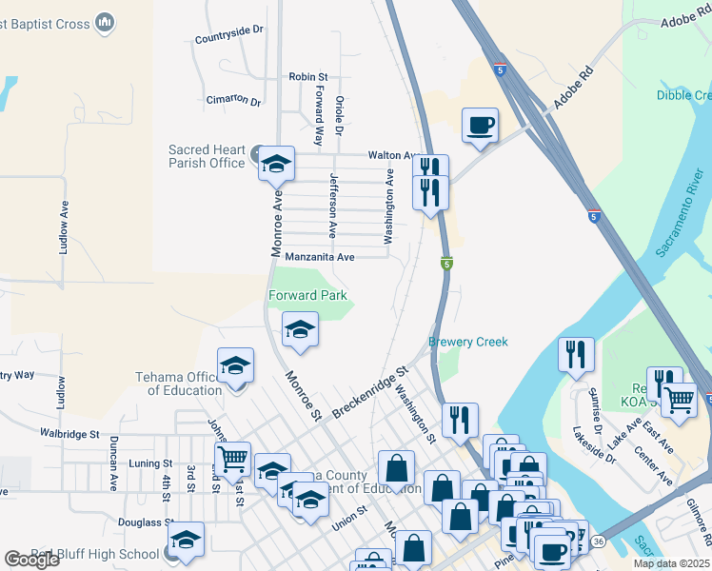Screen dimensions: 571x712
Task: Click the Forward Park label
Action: click(x=307, y=295)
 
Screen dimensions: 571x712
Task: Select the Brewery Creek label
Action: click(x=468, y=342)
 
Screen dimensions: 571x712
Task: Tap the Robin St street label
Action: click(x=308, y=76)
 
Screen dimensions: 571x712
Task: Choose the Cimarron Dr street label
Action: click(x=233, y=100)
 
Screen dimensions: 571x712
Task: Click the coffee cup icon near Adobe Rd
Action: click(x=480, y=125)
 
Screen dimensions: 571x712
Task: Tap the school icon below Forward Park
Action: click(x=300, y=329)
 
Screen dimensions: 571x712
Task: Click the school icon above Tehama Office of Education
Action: click(x=236, y=364)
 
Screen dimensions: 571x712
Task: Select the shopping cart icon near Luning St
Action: click(x=232, y=460)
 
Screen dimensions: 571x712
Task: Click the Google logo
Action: click(x=30, y=560)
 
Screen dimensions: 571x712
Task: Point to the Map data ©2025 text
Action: click(x=671, y=563)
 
